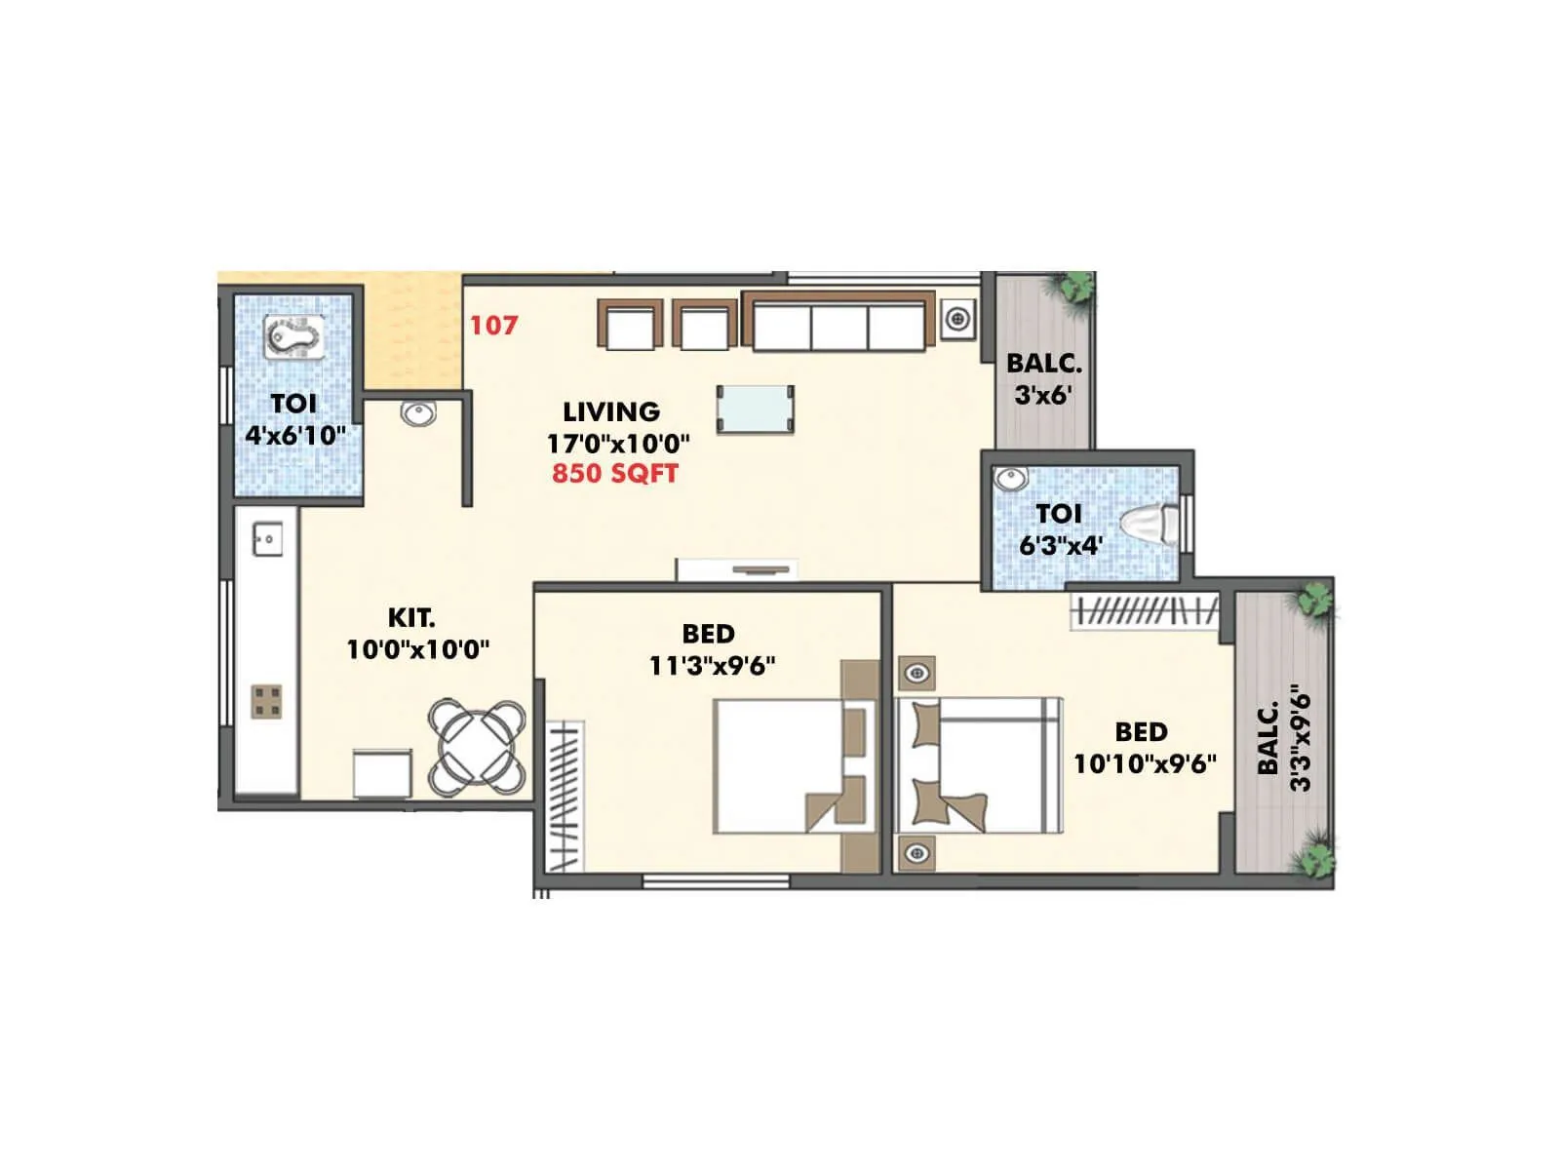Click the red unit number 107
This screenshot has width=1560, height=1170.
(x=493, y=325)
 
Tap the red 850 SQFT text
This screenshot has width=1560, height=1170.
(x=614, y=474)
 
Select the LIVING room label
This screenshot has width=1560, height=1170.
(x=611, y=411)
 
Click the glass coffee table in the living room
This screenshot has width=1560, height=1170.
(x=755, y=409)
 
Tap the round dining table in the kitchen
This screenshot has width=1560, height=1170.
(x=477, y=746)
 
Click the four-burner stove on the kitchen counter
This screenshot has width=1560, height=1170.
(x=267, y=701)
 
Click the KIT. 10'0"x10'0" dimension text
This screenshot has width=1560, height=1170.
(x=418, y=649)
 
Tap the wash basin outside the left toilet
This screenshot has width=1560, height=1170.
(x=418, y=413)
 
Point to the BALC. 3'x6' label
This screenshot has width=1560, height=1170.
(x=1043, y=378)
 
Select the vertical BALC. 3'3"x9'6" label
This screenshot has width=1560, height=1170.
(x=1283, y=738)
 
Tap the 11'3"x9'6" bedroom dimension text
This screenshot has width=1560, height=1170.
(x=712, y=666)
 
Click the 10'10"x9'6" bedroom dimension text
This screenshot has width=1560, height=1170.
(x=1145, y=763)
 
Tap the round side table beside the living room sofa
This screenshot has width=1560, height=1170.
(x=958, y=318)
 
